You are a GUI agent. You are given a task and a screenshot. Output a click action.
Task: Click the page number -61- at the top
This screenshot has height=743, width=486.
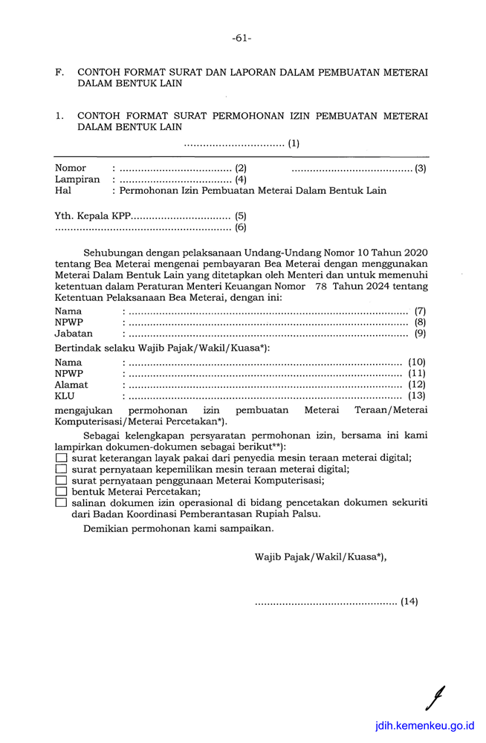(x=242, y=38)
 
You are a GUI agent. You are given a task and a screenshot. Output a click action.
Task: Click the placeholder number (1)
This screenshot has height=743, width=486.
(x=294, y=143)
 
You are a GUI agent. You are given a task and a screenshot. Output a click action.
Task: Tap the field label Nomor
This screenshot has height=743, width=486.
(x=71, y=168)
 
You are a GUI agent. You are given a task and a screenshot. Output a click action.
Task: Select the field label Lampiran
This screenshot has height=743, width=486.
(x=77, y=179)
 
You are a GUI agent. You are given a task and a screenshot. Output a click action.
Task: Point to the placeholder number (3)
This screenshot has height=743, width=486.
(x=421, y=168)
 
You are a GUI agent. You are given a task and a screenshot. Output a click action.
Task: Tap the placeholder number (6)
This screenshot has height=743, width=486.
(x=241, y=227)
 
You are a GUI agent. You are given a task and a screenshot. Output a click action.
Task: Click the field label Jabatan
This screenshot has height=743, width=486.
(x=74, y=334)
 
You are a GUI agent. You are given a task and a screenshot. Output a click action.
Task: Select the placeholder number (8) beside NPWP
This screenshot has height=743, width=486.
(x=421, y=322)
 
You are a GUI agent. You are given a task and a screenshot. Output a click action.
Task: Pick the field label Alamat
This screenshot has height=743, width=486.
(x=71, y=385)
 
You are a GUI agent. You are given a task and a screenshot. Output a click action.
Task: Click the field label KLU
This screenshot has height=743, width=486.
(x=65, y=396)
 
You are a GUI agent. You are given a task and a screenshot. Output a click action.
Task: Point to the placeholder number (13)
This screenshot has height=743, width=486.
(x=417, y=396)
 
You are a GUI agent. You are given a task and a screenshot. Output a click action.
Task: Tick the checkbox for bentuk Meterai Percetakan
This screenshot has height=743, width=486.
(x=61, y=491)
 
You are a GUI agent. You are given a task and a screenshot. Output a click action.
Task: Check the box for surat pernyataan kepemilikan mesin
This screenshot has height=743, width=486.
(x=61, y=470)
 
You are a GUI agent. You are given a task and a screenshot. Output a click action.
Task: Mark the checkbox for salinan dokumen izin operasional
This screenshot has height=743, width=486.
(x=61, y=502)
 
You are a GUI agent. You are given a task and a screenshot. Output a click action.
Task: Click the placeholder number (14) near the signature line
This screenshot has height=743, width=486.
(x=409, y=602)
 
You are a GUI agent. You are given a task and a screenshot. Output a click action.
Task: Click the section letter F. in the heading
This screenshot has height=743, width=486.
(x=59, y=73)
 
